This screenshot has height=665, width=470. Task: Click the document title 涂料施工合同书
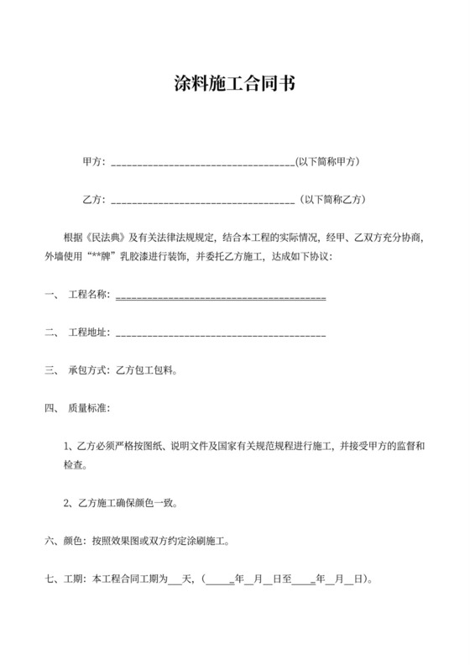click(234, 86)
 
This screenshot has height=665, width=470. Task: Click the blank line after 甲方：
click(201, 162)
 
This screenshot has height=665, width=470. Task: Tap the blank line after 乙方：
click(201, 202)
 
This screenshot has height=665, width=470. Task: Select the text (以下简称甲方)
click(328, 161)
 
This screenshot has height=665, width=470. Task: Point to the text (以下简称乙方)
click(332, 201)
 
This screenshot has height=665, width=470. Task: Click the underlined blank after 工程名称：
click(220, 296)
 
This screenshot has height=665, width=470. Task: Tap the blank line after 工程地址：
click(220, 334)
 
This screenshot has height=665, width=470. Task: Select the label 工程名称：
click(88, 295)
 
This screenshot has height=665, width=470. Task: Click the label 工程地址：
click(88, 333)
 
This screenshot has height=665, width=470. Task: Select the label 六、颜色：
click(64, 542)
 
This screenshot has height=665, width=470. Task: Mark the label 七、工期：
click(64, 579)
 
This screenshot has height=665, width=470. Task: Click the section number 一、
click(50, 295)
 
